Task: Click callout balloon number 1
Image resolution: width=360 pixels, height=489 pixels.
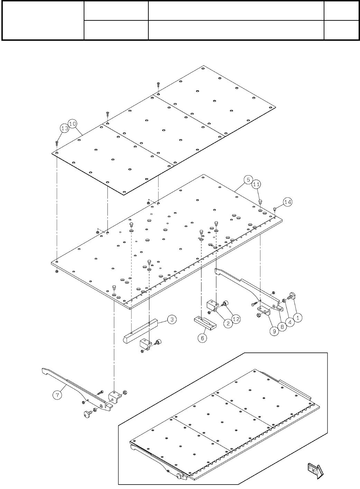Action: pyautogui.click(x=297, y=316)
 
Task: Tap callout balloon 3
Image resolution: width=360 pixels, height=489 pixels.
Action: pyautogui.click(x=172, y=320)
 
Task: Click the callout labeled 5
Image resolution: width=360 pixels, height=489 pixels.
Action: pyautogui.click(x=247, y=180)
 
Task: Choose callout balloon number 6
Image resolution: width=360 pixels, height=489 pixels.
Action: pyautogui.click(x=202, y=338)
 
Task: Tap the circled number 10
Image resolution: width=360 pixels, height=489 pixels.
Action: pyautogui.click(x=73, y=123)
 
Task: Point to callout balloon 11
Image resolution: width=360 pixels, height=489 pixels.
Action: pyautogui.click(x=256, y=185)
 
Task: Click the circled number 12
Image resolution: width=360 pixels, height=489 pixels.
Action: pyautogui.click(x=236, y=319)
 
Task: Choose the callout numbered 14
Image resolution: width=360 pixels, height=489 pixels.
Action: pyautogui.click(x=288, y=201)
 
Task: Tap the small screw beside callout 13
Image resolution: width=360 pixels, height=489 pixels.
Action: pyautogui.click(x=56, y=143)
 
